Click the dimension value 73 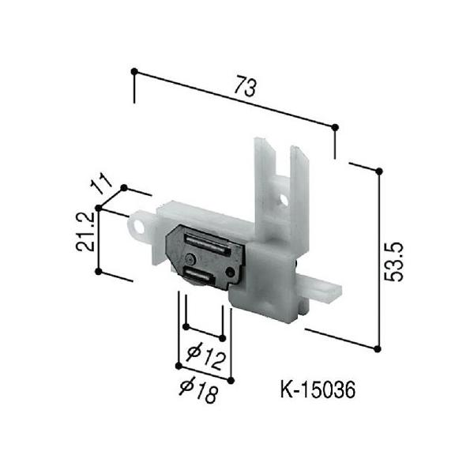click(246, 87)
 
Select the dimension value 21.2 click(85, 231)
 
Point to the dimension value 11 click(101, 183)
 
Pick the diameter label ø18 click(198, 390)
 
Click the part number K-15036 click(318, 390)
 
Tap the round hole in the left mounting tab click(140, 227)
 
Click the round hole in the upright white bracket click(284, 200)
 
